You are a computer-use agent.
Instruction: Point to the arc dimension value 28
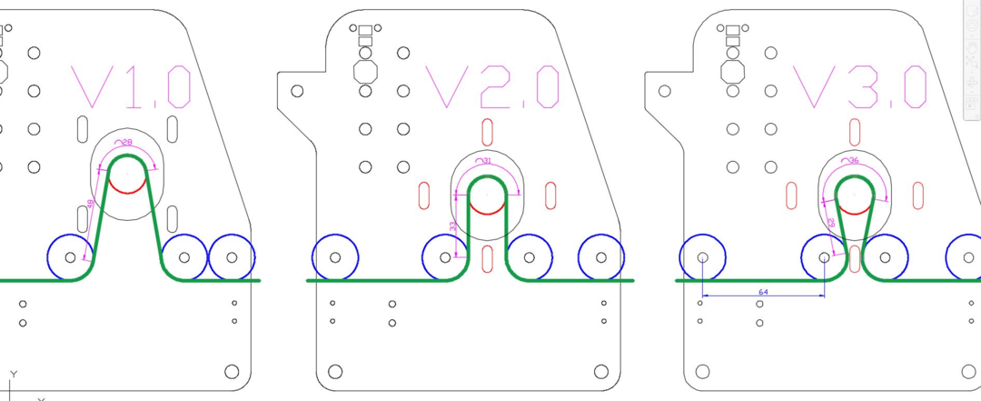[x=126, y=143]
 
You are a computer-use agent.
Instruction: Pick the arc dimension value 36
[x=853, y=161]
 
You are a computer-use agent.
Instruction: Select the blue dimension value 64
[x=763, y=291]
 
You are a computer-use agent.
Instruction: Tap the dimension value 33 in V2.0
[x=452, y=226]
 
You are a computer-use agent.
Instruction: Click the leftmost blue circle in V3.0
[x=702, y=257]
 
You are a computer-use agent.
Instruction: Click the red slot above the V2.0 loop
[x=487, y=133]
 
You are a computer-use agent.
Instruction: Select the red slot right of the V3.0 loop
[x=918, y=195]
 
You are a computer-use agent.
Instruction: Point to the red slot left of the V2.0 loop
[x=423, y=195]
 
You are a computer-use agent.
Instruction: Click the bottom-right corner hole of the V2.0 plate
[x=599, y=371]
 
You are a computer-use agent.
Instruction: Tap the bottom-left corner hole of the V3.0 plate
[x=702, y=371]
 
